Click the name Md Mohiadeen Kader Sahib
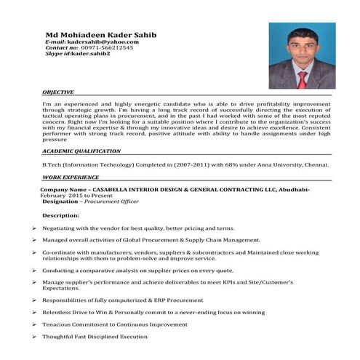pos(101,34)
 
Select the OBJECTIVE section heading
pos(57,93)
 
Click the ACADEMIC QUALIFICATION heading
pos(81,151)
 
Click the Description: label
pos(61,216)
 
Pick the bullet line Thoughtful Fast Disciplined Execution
pos(95,336)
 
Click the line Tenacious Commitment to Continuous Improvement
pos(114,324)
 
